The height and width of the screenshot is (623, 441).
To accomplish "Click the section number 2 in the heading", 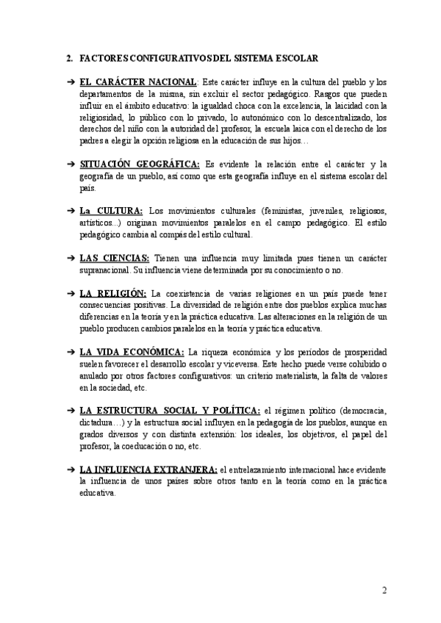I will pos(68,57).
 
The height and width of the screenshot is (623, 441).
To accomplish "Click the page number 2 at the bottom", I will pos(384,590).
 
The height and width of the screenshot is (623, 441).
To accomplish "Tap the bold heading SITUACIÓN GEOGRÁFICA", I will pos(140,164).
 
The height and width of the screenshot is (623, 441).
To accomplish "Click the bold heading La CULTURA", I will pos(111,212).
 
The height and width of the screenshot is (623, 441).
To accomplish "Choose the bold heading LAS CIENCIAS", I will pos(114,259).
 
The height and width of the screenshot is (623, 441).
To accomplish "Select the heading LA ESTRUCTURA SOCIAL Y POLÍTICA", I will pos(169,410).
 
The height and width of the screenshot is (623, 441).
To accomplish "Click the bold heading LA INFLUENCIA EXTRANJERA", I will pos(148,469).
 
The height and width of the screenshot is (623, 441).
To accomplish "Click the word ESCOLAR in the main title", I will pos(293,57).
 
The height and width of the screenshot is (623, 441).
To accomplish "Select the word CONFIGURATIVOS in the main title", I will pos(171,57).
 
